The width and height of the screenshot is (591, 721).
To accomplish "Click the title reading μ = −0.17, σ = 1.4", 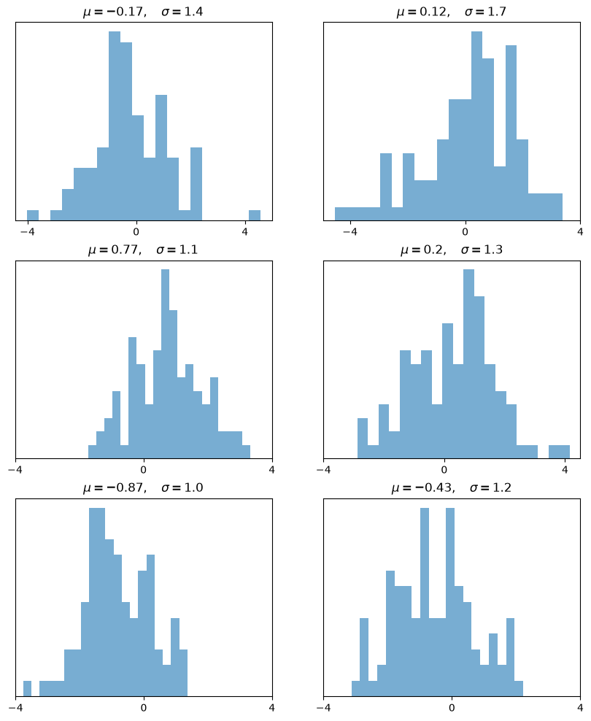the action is tap(143, 12).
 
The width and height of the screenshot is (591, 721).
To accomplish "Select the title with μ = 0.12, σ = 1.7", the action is tap(452, 12).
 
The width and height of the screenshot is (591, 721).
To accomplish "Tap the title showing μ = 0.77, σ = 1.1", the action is tap(143, 250).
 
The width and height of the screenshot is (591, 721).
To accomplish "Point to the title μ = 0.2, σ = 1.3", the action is tap(452, 250).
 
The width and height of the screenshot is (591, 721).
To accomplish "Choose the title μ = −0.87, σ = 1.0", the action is tap(143, 488).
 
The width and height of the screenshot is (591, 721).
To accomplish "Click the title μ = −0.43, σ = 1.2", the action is tap(452, 488).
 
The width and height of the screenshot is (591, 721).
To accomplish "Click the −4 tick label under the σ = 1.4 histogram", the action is tap(28, 232).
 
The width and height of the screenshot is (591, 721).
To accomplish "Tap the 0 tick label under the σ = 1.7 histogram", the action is tap(465, 232).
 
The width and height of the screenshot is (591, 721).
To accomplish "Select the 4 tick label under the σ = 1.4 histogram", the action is tap(245, 232).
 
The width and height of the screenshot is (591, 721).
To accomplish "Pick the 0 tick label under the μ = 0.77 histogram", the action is tap(144, 470).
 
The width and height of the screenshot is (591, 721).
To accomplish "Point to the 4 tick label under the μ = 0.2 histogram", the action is tap(565, 470).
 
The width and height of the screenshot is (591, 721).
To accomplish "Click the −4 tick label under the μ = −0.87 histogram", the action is tap(15, 708).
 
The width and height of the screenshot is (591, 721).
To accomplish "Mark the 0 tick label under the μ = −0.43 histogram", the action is tap(452, 708).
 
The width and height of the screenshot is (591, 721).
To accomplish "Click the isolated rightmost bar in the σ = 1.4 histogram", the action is tap(255, 216).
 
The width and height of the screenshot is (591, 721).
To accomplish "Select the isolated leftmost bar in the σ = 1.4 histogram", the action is tap(33, 216).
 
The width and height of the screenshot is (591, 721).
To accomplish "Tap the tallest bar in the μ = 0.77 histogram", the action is tap(166, 364).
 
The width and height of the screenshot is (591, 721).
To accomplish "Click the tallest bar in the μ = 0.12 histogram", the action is tap(477, 126).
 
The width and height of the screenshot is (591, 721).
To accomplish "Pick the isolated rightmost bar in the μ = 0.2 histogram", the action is tap(560, 452).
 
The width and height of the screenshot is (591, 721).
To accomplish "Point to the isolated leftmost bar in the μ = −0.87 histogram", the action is tap(27, 689).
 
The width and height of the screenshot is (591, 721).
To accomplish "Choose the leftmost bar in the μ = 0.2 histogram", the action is tap(363, 439).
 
